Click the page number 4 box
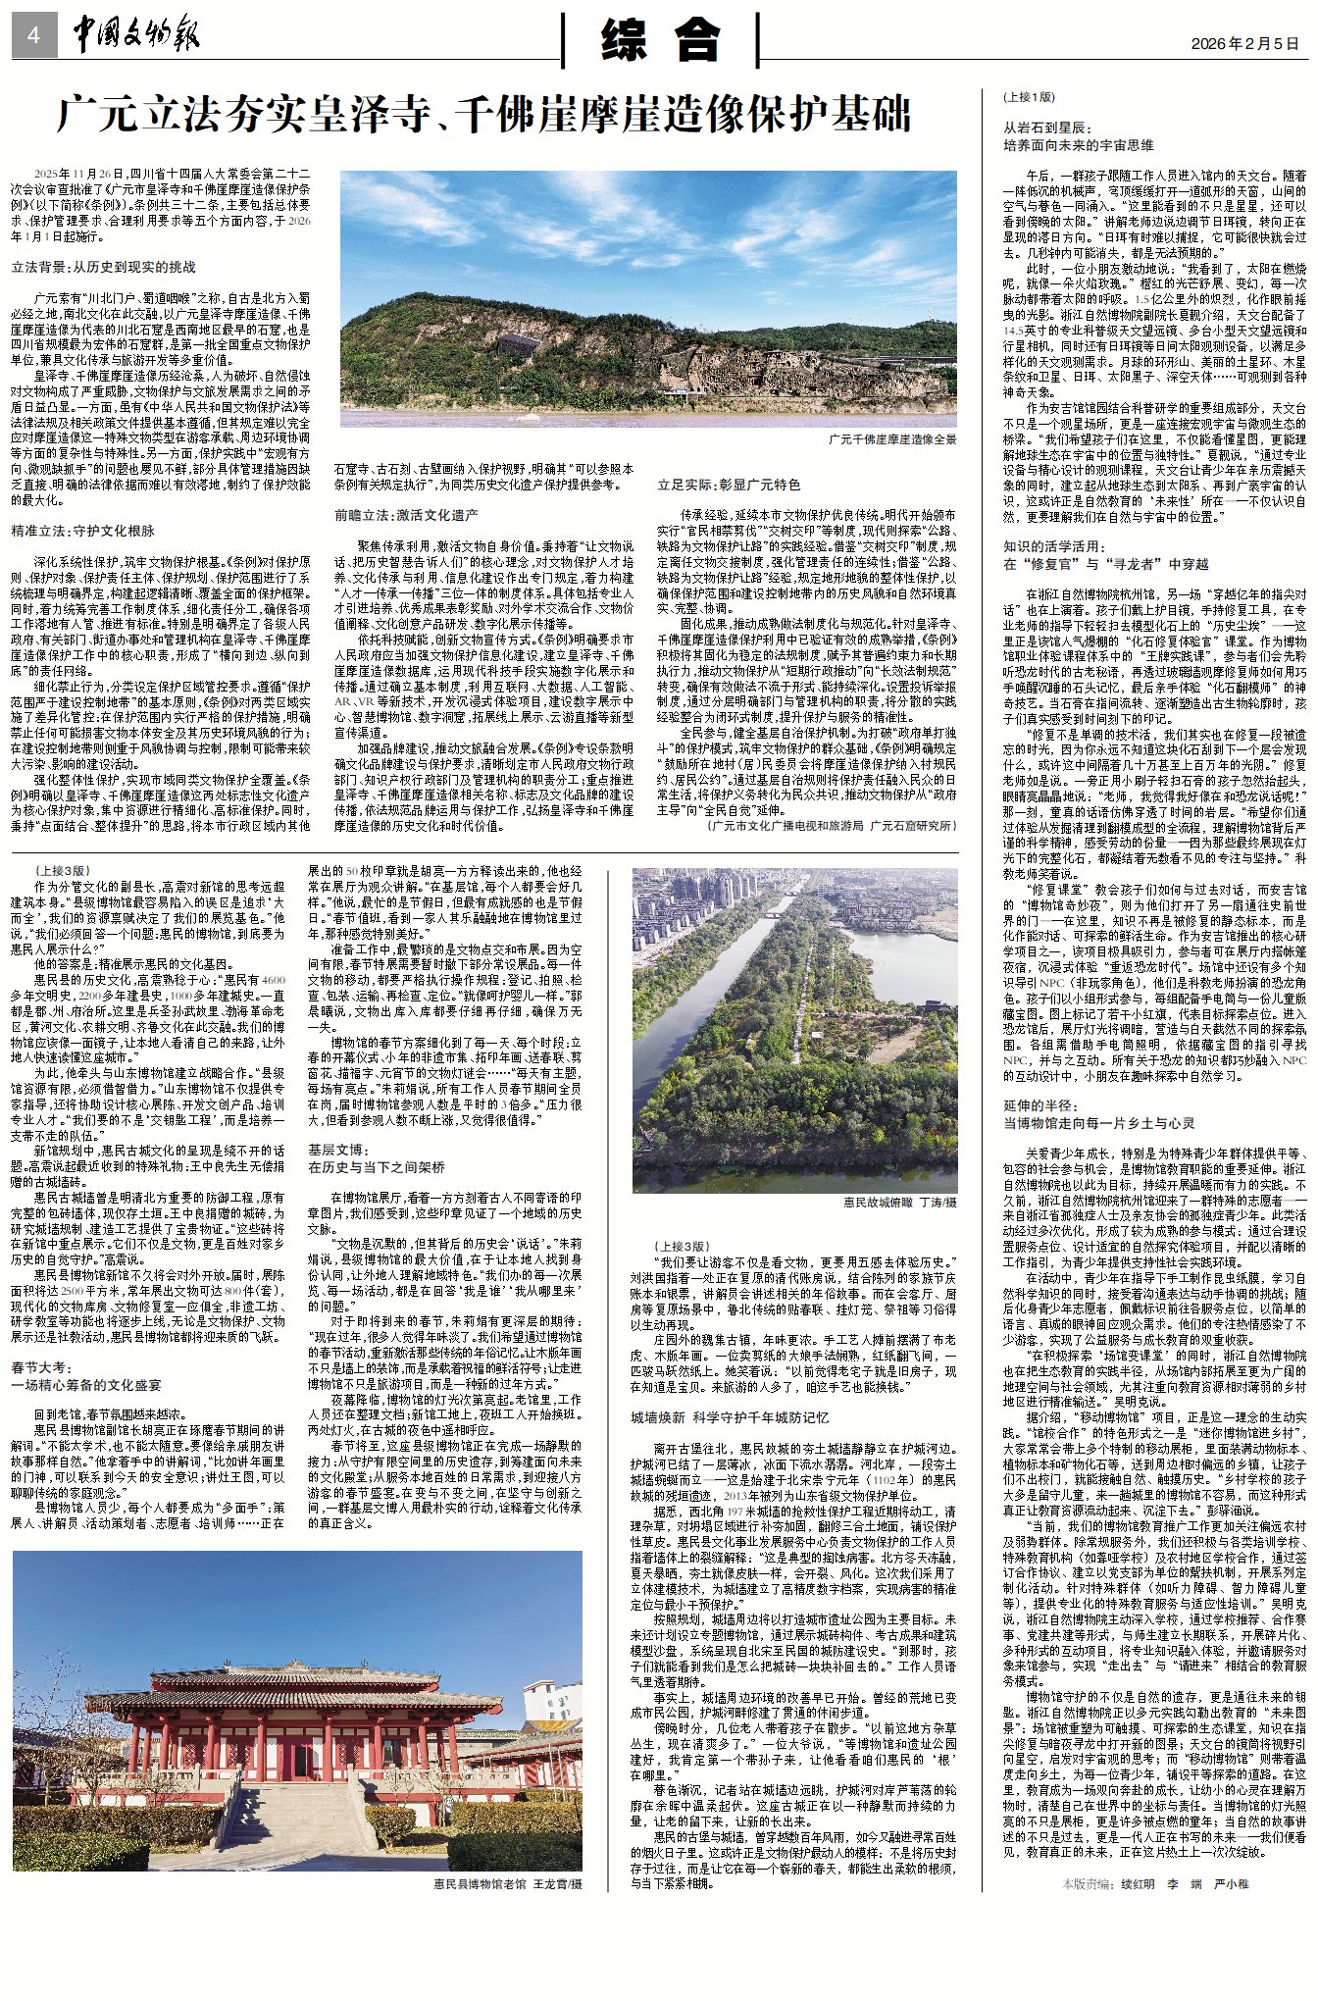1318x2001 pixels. click(34, 37)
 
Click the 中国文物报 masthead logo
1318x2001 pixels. click(136, 36)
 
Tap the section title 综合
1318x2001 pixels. click(660, 40)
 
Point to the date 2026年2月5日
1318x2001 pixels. click(1244, 44)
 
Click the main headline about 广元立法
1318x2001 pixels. click(483, 116)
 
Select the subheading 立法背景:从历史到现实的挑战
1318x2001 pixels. click(103, 267)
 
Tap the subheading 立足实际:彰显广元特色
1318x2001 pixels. click(729, 485)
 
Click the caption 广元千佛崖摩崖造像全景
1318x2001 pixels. click(891, 439)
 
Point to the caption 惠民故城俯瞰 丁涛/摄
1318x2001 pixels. click(899, 1201)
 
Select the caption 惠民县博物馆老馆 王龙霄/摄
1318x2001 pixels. click(508, 1883)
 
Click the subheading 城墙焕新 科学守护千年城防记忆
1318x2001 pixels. click(730, 1417)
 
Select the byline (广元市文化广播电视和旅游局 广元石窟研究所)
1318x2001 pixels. click(830, 826)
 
